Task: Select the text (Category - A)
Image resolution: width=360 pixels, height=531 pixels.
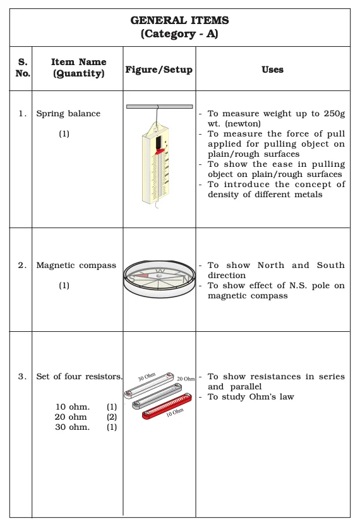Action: coord(180,34)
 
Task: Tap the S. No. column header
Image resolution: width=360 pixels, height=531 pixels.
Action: coord(23,68)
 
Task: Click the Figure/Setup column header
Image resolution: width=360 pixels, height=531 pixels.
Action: coord(159,70)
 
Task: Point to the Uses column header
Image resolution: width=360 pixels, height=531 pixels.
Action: coord(272,70)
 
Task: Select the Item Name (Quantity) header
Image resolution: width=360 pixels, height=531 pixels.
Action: coord(78,68)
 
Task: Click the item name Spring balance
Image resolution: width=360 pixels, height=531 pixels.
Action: coord(68,114)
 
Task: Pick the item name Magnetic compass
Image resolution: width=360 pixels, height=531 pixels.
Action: coord(76,265)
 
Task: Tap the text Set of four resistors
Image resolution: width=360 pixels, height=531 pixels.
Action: coord(79,377)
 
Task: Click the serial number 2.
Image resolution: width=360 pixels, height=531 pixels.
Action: coord(23,265)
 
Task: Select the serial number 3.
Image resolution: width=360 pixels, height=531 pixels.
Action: coord(23,377)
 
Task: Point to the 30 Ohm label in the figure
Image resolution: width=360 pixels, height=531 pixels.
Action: coord(147,377)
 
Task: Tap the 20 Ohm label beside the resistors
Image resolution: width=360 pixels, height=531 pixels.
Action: coord(186,379)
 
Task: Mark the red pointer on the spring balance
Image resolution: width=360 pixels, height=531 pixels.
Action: coord(158,152)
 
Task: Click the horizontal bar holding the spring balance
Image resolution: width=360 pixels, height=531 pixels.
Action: coord(159,106)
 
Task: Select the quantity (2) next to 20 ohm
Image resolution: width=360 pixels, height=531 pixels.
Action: coord(112,417)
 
